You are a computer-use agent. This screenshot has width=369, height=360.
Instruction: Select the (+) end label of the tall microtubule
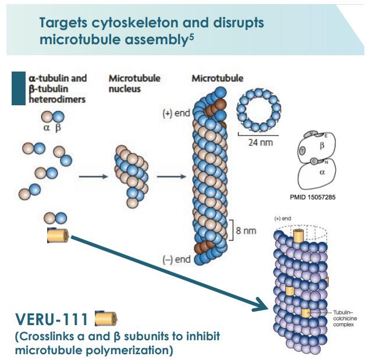(176, 113)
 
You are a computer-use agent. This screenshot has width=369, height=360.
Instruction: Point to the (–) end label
(176, 259)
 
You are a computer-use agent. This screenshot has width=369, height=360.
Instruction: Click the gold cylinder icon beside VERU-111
(106, 319)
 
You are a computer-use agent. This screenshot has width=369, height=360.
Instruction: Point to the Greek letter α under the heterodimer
(46, 128)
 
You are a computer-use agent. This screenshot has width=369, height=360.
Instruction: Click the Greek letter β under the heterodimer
(58, 128)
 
